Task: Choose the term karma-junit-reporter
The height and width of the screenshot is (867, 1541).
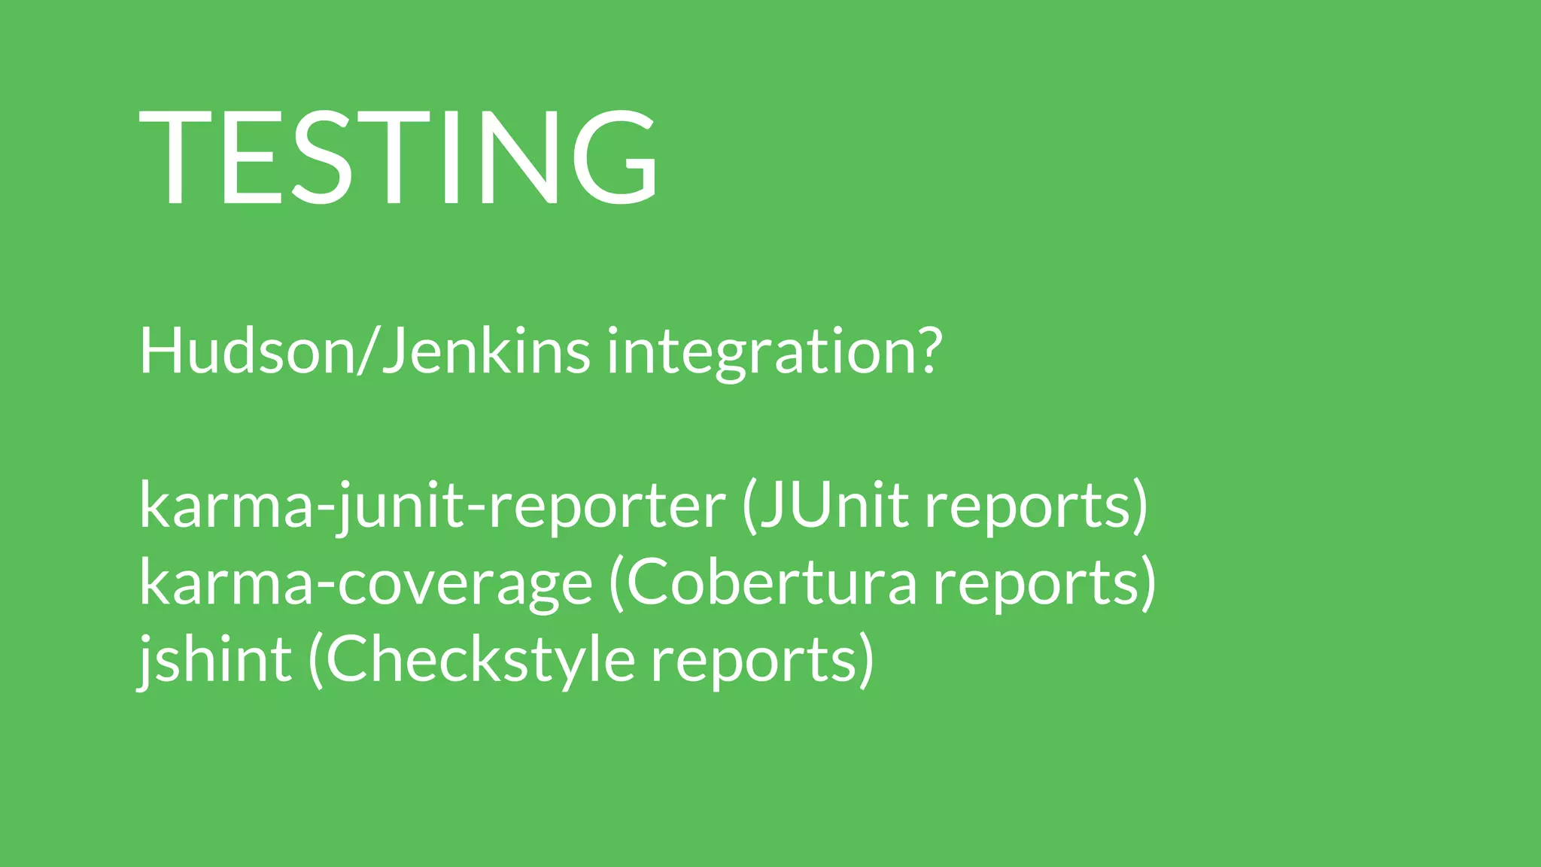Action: (432, 507)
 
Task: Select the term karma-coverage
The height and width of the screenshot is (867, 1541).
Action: (366, 584)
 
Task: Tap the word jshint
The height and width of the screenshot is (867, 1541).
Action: (215, 660)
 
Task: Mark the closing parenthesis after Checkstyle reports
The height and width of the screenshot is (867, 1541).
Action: (866, 660)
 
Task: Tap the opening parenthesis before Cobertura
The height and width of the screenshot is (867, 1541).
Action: (615, 583)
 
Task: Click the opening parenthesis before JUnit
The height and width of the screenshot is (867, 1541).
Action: (749, 506)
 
